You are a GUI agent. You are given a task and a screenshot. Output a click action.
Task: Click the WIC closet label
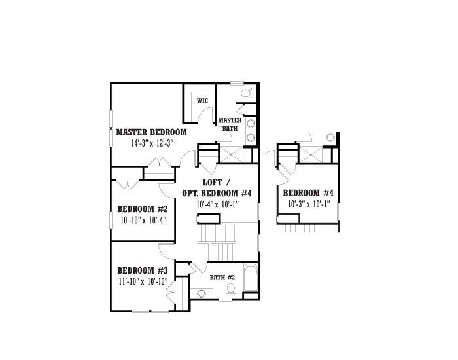pos(202,101)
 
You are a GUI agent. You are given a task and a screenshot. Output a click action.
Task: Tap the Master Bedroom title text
pos(151,132)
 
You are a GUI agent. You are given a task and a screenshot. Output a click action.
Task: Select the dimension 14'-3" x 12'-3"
pos(152,143)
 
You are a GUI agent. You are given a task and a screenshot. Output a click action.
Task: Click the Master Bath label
pos(230,124)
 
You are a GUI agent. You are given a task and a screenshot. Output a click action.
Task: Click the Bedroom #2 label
pos(142,209)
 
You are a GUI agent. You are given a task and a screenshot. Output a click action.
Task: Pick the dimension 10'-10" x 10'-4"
pos(143,220)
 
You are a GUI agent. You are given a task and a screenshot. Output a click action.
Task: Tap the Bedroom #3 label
pos(142,270)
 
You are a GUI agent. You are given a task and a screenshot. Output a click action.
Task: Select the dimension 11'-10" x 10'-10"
pos(143,281)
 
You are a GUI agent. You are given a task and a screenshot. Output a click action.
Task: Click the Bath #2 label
pos(222,278)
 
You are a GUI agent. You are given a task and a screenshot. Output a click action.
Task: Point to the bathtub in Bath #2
pos(251,278)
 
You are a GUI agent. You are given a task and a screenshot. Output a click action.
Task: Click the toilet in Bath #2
pos(231,291)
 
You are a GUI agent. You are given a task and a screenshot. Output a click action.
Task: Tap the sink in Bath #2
pos(202,293)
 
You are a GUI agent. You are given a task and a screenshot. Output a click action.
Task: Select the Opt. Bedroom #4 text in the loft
pos(217,194)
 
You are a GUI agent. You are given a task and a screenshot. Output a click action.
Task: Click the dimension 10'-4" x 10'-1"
pos(218,204)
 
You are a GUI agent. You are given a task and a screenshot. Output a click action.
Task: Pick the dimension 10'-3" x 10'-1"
pos(309,204)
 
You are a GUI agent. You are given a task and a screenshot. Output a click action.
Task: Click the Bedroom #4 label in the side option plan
pos(308,193)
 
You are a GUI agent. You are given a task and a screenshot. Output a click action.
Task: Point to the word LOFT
pos(213,183)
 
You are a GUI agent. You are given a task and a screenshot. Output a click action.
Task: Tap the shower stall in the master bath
pos(231,154)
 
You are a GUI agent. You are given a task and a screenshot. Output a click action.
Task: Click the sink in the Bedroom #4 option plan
pos(330,137)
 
